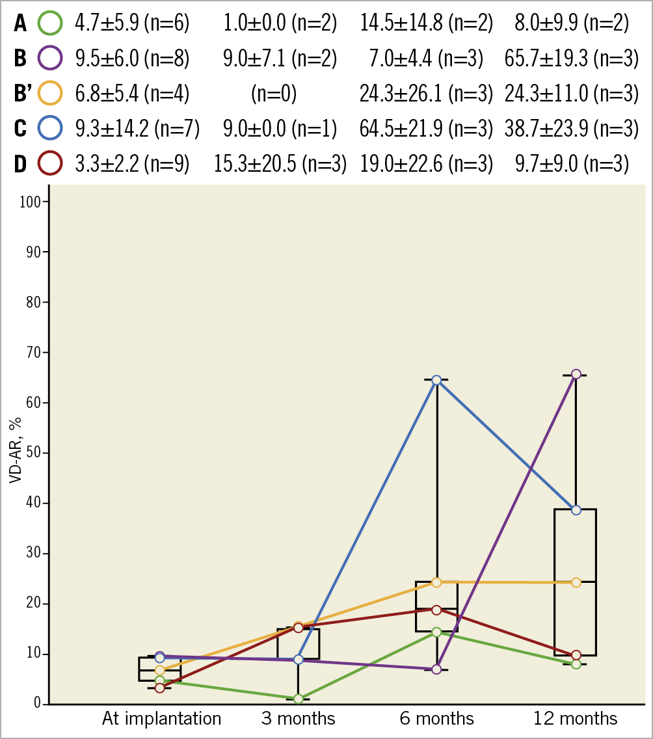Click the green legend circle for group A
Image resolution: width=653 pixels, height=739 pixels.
pos(50,23)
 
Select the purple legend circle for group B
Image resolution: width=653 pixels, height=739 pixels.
pos(50,59)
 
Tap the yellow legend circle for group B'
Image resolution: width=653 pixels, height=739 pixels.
pos(50,94)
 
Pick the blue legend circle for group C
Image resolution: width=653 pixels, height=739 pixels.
pos(50,128)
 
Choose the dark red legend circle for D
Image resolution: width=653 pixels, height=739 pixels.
pos(50,163)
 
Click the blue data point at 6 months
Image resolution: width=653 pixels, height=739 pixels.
pos(436,380)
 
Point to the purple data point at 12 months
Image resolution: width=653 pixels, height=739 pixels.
pos(576,374)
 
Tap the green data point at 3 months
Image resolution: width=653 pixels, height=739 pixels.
pos(299,699)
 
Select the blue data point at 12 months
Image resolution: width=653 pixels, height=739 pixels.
pos(576,510)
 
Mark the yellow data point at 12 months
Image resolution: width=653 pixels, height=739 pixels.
pos(576,582)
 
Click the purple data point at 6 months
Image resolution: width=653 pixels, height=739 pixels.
pos(436,669)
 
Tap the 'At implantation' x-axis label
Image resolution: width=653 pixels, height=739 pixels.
pos(161,719)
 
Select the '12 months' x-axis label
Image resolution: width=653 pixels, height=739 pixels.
pos(576,719)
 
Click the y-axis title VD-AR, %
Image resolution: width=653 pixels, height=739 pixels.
pos(14,452)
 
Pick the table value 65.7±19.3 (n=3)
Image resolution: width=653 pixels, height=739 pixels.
pos(570,59)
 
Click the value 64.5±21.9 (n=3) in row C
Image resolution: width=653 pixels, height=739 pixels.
pos(426,128)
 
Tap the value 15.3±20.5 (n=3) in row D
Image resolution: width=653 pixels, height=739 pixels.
pos(280,163)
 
